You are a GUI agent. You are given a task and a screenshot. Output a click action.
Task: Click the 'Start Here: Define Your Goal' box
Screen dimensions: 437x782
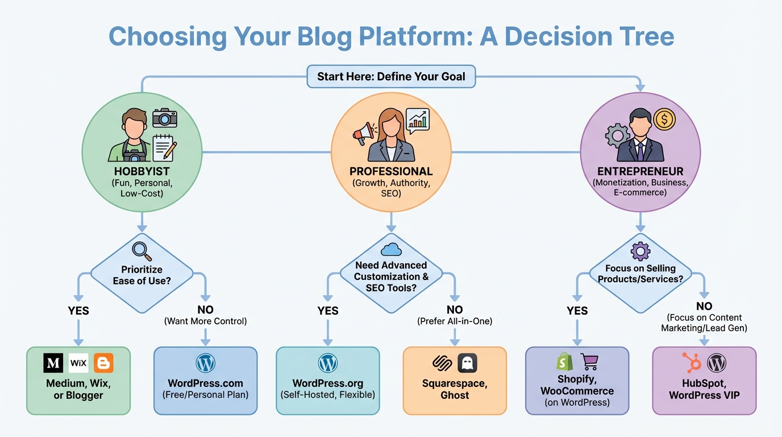click(x=391, y=76)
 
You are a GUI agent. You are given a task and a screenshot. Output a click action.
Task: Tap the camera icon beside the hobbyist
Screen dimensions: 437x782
click(x=165, y=118)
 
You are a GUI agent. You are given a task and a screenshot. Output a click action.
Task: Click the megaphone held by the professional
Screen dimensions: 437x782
click(x=363, y=134)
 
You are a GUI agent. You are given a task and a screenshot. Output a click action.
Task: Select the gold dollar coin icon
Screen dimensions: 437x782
click(x=664, y=119)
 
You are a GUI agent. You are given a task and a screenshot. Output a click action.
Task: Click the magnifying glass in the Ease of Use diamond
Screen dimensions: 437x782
click(x=140, y=250)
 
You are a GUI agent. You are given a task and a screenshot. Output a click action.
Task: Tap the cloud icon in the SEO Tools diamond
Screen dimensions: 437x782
click(x=392, y=249)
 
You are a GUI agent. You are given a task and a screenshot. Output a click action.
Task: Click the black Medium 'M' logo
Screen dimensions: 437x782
click(x=53, y=363)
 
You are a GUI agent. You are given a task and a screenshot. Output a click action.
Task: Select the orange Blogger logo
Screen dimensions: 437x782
click(x=103, y=363)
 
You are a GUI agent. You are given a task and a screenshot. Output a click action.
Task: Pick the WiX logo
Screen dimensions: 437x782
click(x=78, y=363)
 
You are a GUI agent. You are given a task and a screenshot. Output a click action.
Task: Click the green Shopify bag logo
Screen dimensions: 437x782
click(x=564, y=362)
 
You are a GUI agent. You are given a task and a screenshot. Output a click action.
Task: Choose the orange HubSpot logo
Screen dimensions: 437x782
click(x=691, y=362)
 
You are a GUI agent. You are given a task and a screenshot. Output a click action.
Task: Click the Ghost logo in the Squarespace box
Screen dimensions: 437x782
click(x=467, y=363)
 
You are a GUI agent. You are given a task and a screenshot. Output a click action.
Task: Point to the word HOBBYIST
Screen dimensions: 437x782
click(x=142, y=171)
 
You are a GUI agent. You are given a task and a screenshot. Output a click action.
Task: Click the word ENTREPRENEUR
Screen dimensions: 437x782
click(x=640, y=171)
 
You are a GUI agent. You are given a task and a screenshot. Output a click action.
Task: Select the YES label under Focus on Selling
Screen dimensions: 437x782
click(x=577, y=311)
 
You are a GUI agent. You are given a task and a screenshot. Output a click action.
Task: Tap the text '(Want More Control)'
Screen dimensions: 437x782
click(x=206, y=321)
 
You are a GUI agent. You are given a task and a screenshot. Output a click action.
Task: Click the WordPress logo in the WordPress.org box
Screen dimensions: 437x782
click(x=328, y=363)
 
